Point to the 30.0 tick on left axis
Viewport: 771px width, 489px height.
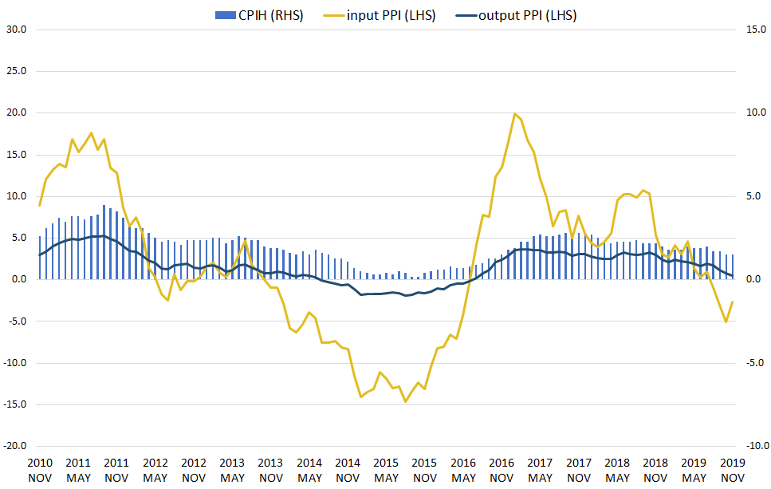pyautogui.click(x=17, y=30)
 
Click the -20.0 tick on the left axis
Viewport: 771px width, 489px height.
pyautogui.click(x=15, y=446)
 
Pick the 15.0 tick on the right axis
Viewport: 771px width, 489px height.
pyautogui.click(x=755, y=30)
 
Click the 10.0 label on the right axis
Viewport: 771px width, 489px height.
pyautogui.click(x=755, y=112)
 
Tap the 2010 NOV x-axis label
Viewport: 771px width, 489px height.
pyautogui.click(x=40, y=470)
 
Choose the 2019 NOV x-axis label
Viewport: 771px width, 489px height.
pyautogui.click(x=733, y=470)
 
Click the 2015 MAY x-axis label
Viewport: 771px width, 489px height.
pyautogui.click(x=387, y=470)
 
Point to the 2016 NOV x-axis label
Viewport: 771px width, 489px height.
pyautogui.click(x=502, y=470)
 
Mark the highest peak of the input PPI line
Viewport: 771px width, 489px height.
pyautogui.click(x=514, y=114)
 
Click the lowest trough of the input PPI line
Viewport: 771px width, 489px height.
pyautogui.click(x=405, y=401)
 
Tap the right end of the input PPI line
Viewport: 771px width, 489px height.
pyautogui.click(x=732, y=302)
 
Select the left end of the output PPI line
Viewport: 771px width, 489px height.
pyautogui.click(x=40, y=255)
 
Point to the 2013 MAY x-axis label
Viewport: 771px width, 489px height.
pyautogui.click(x=232, y=470)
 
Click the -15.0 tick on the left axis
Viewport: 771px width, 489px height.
pyautogui.click(x=15, y=404)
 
